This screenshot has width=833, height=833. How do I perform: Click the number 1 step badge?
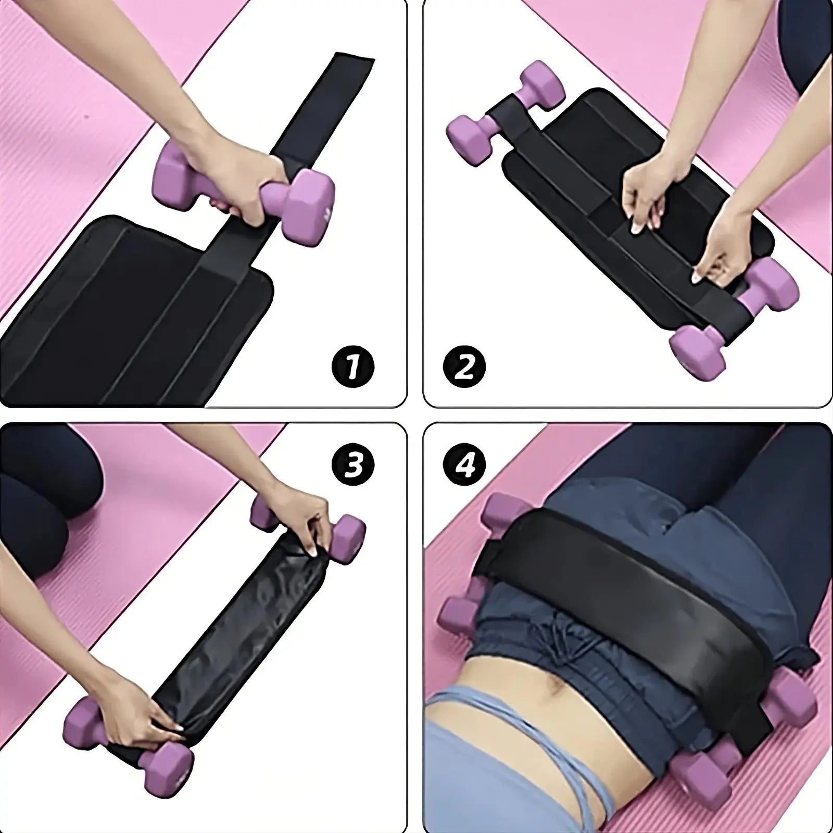click(x=353, y=368)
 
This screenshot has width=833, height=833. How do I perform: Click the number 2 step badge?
click(x=464, y=368)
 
